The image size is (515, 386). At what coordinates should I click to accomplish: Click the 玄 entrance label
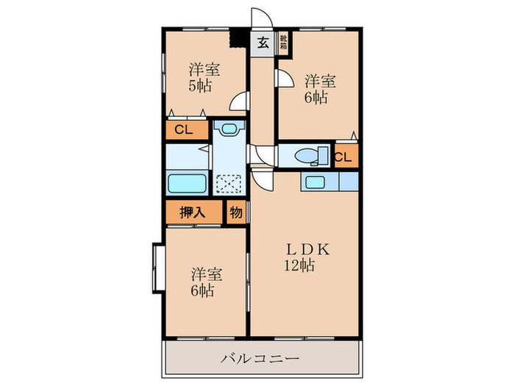(x=263, y=43)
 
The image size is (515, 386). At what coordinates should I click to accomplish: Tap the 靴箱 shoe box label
(x=283, y=42)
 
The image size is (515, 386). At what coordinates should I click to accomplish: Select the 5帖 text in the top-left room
(x=199, y=86)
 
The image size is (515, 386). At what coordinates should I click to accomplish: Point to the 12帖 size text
(x=299, y=265)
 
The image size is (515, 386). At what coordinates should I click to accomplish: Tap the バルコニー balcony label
(x=260, y=358)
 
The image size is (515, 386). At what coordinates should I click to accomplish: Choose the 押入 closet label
(x=193, y=212)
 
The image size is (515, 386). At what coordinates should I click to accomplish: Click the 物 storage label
(x=236, y=212)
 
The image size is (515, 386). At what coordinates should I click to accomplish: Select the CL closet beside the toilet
(x=344, y=157)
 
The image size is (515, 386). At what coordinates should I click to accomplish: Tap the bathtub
(x=187, y=184)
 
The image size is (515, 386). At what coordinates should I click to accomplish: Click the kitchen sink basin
(x=316, y=182)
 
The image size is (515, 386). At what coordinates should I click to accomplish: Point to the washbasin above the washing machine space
(x=229, y=128)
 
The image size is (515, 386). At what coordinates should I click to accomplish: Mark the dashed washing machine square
(x=229, y=184)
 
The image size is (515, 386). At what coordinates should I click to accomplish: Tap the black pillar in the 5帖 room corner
(x=238, y=38)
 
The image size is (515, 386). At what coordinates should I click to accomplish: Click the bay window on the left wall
(x=158, y=268)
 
